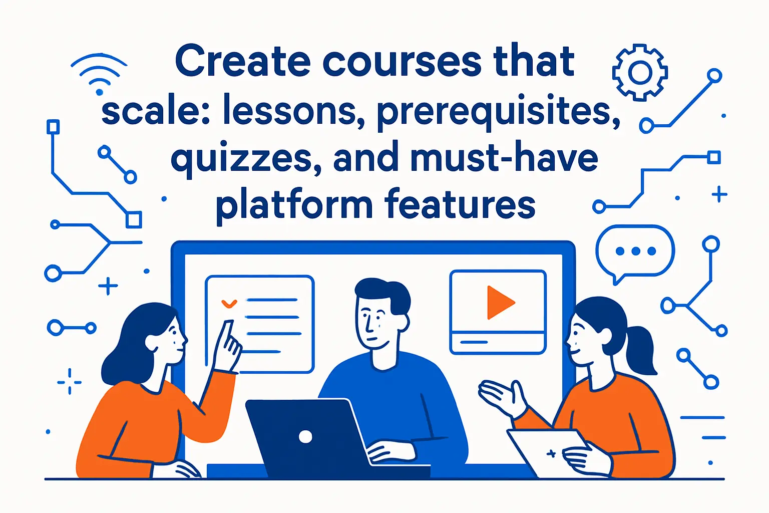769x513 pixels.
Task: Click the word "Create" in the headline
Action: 242,61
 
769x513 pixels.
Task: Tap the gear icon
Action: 640,73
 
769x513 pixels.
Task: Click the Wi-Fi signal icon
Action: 99,75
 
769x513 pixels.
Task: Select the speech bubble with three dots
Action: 635,251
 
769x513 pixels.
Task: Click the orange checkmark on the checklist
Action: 229,303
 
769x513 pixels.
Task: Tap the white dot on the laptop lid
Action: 305,437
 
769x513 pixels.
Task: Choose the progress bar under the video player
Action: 474,342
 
